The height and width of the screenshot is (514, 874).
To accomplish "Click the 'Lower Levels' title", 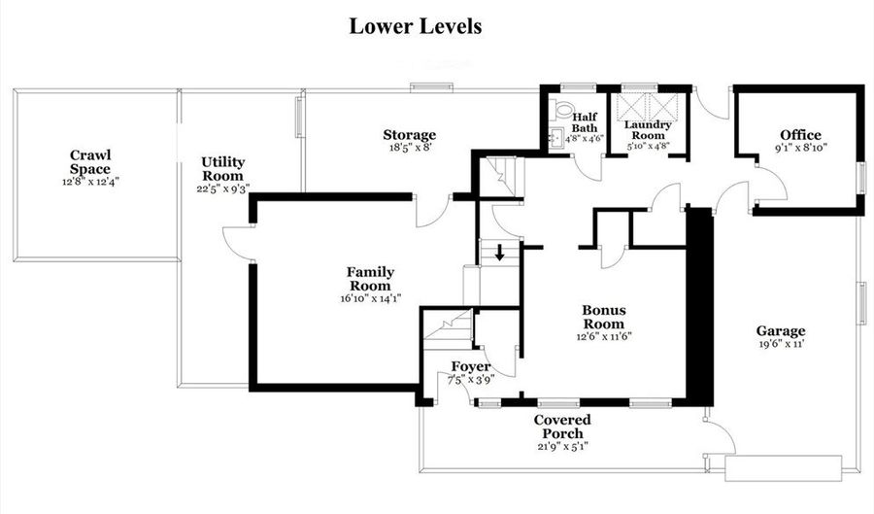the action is pyautogui.click(x=416, y=26).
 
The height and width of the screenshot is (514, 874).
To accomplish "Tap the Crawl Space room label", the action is pyautogui.click(x=90, y=161).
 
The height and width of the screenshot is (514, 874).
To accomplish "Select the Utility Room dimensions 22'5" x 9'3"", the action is pyautogui.click(x=223, y=188).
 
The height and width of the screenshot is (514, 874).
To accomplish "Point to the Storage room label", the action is pyautogui.click(x=410, y=134).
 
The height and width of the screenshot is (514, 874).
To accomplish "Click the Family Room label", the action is pyautogui.click(x=371, y=279).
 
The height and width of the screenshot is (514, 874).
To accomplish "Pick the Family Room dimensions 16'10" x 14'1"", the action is pyautogui.click(x=371, y=298).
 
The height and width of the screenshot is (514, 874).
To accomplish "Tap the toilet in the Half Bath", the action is pyautogui.click(x=562, y=108).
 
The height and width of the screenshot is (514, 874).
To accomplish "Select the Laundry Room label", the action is pyautogui.click(x=647, y=130).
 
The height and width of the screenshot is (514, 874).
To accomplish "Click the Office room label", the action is pyautogui.click(x=800, y=135).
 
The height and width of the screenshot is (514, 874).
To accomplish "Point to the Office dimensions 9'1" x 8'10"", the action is pyautogui.click(x=800, y=148).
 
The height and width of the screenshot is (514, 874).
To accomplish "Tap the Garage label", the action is pyautogui.click(x=781, y=331).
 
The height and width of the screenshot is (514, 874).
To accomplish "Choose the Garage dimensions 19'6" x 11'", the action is pyautogui.click(x=781, y=344).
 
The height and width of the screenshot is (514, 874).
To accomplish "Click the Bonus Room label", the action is pyautogui.click(x=604, y=317).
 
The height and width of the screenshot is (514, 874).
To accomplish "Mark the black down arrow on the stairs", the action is pyautogui.click(x=500, y=253).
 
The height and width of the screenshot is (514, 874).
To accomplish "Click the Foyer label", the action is pyautogui.click(x=471, y=367).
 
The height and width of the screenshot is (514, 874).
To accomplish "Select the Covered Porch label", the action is pyautogui.click(x=562, y=427).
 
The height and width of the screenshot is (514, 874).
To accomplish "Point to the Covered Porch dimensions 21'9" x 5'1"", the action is pyautogui.click(x=562, y=446).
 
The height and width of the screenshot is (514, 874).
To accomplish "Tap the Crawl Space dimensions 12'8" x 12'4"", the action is pyautogui.click(x=90, y=181).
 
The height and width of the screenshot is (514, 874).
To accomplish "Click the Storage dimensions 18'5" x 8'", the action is pyautogui.click(x=411, y=148).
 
